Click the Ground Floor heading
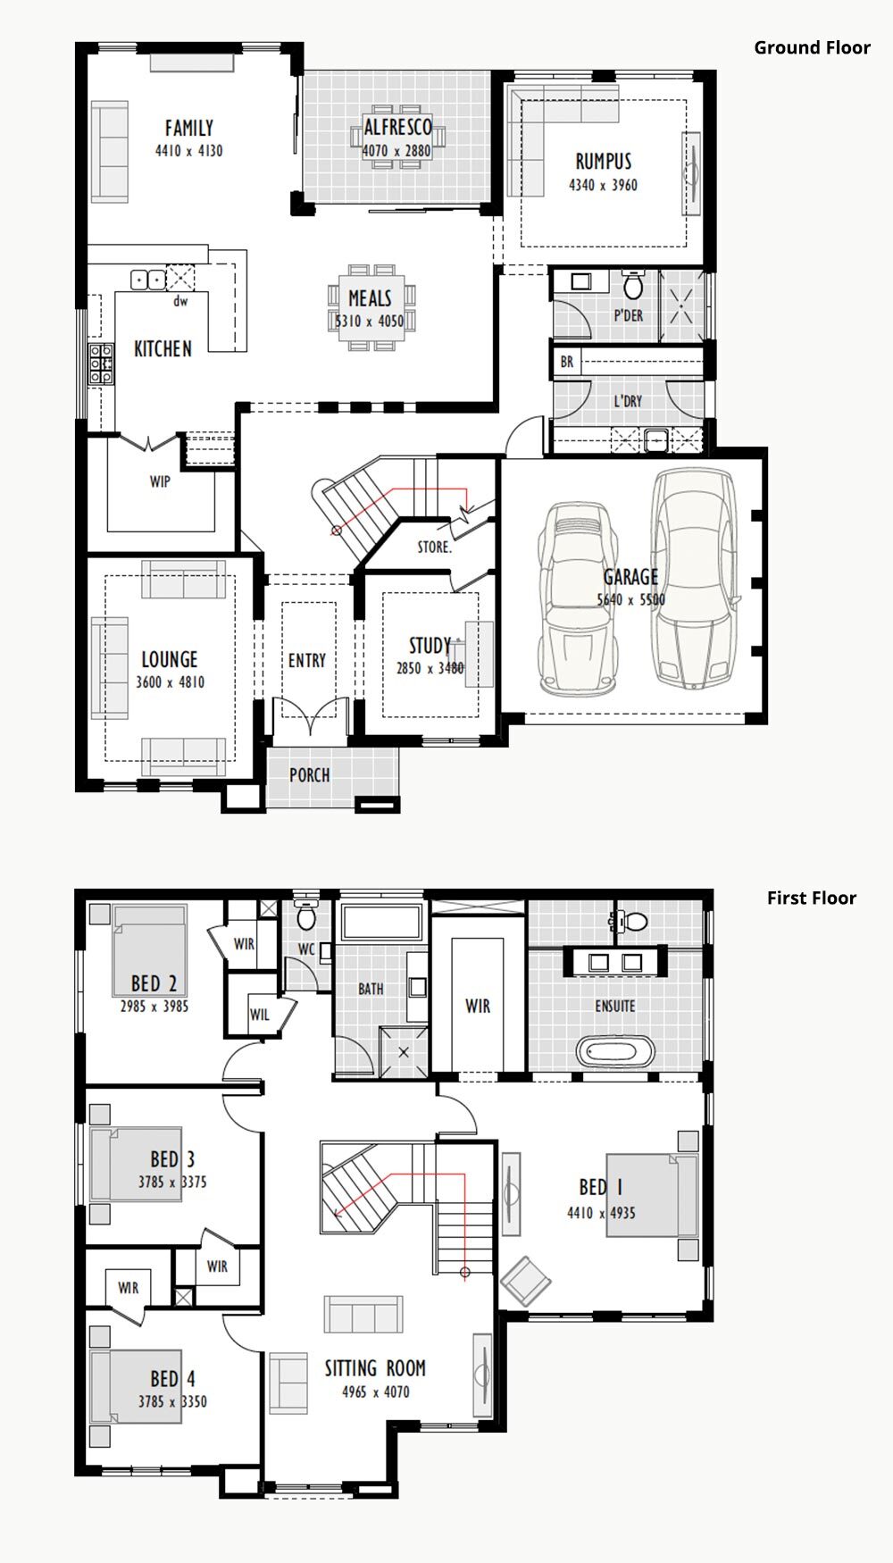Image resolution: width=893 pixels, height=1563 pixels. (812, 48)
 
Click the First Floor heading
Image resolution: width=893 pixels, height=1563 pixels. (811, 899)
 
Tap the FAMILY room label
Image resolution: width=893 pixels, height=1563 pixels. (189, 129)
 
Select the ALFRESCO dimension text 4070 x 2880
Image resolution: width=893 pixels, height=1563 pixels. (396, 151)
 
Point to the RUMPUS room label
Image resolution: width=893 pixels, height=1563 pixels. (604, 162)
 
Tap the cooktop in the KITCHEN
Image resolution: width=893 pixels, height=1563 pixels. (100, 364)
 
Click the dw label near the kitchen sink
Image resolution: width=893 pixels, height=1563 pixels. (180, 302)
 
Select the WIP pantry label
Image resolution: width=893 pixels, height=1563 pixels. (160, 482)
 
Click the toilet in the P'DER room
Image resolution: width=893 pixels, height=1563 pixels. (633, 284)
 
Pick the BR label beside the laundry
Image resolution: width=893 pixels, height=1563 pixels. (567, 363)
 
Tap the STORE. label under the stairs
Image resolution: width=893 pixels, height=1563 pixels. (435, 547)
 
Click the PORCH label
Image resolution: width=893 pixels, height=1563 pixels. (310, 775)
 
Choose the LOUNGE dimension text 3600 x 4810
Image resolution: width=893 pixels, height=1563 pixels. (171, 682)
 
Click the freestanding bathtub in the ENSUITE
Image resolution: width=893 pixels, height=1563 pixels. (615, 1050)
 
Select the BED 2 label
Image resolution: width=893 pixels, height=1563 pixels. (154, 983)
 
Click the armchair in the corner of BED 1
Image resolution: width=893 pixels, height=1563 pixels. (526, 1282)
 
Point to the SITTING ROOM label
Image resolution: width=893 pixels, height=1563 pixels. (375, 1368)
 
